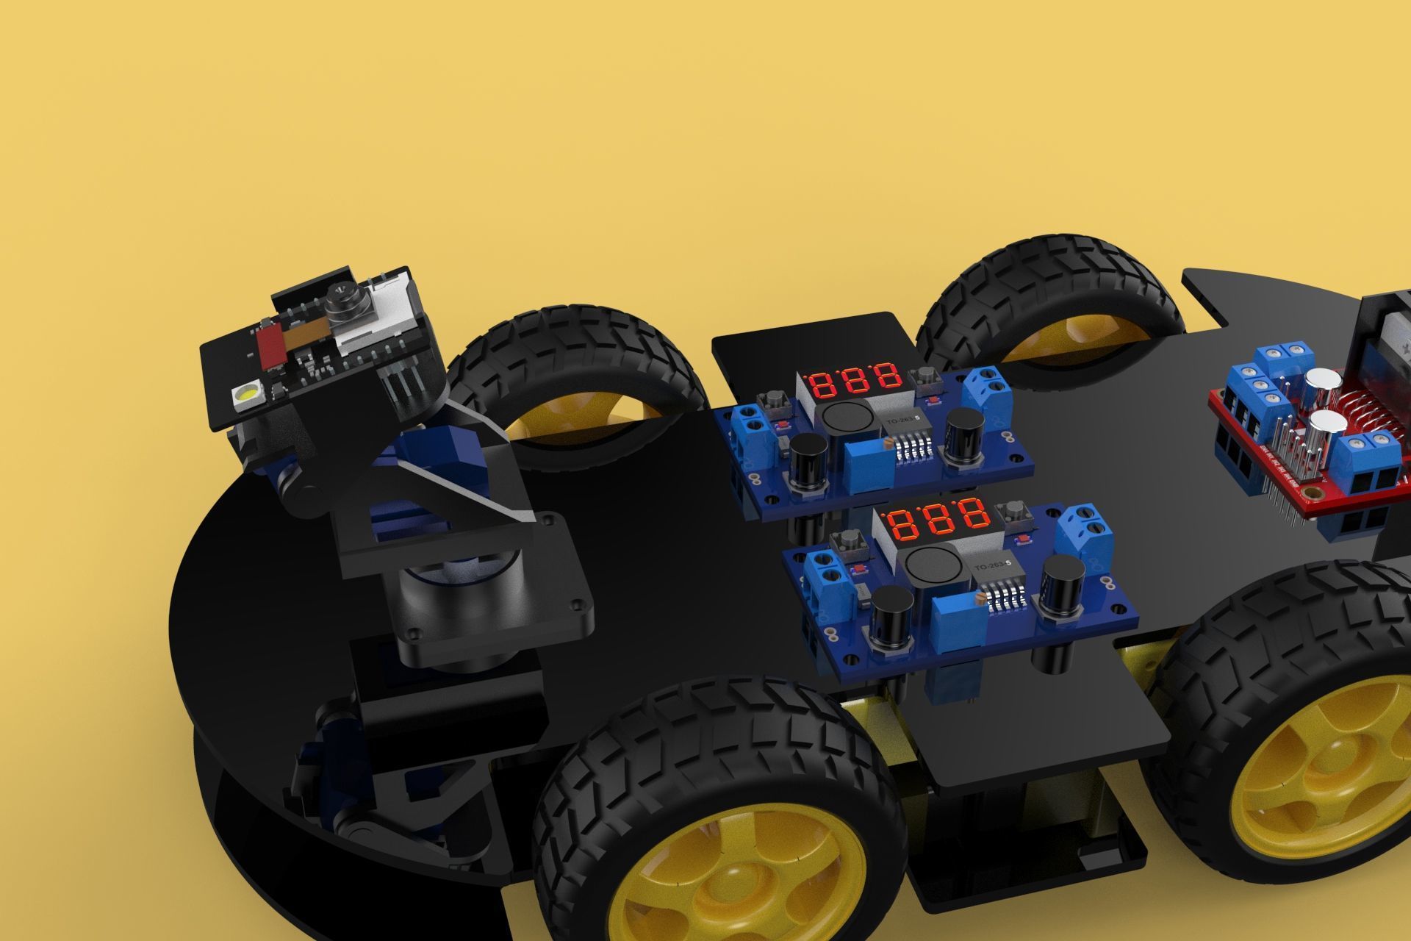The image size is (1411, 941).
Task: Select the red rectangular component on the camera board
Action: [x=270, y=347]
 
